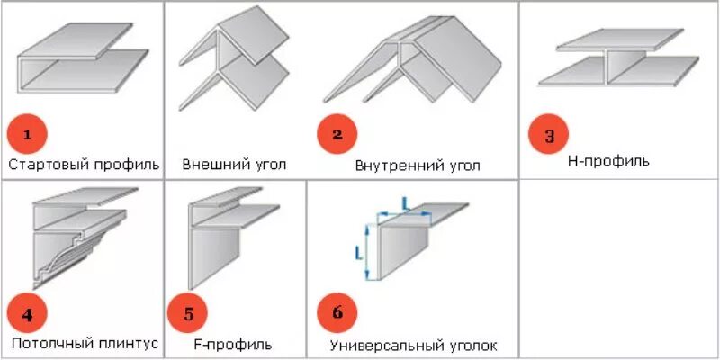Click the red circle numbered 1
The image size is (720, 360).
point(27,135)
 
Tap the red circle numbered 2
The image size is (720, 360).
point(337,135)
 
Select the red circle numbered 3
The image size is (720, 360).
point(550,136)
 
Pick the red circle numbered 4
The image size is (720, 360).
point(27,313)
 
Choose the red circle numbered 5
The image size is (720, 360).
point(188,313)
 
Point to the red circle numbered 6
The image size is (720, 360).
point(337,313)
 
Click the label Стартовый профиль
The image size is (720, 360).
point(84,165)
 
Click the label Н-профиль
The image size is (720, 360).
point(608,161)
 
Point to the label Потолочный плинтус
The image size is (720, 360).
point(85,343)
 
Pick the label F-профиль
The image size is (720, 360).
point(232,344)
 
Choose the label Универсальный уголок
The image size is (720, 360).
point(413,346)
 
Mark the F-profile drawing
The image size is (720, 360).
point(229,234)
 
